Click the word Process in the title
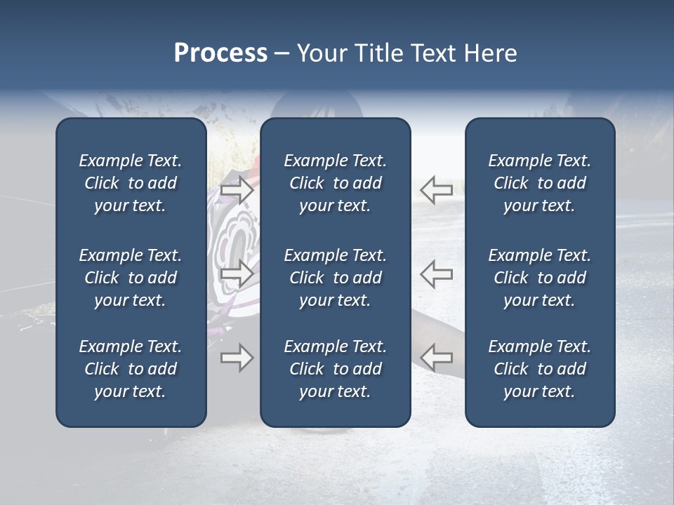pyautogui.click(x=220, y=53)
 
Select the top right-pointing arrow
pyautogui.click(x=237, y=189)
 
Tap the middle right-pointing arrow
pyautogui.click(x=237, y=274)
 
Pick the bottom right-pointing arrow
pyautogui.click(x=237, y=358)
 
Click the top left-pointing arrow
pyautogui.click(x=436, y=189)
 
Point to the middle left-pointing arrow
pyautogui.click(x=436, y=274)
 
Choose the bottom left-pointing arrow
pyautogui.click(x=436, y=358)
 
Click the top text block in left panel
pyautogui.click(x=130, y=183)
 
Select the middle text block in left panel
pyautogui.click(x=130, y=278)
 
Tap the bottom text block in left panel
pyautogui.click(x=130, y=369)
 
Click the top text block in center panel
pyautogui.click(x=335, y=183)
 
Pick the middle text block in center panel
pyautogui.click(x=335, y=278)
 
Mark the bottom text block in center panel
pyautogui.click(x=335, y=369)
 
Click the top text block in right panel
pyautogui.click(x=539, y=183)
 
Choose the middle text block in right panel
pyautogui.click(x=539, y=278)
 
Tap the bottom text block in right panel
pyautogui.click(x=539, y=369)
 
